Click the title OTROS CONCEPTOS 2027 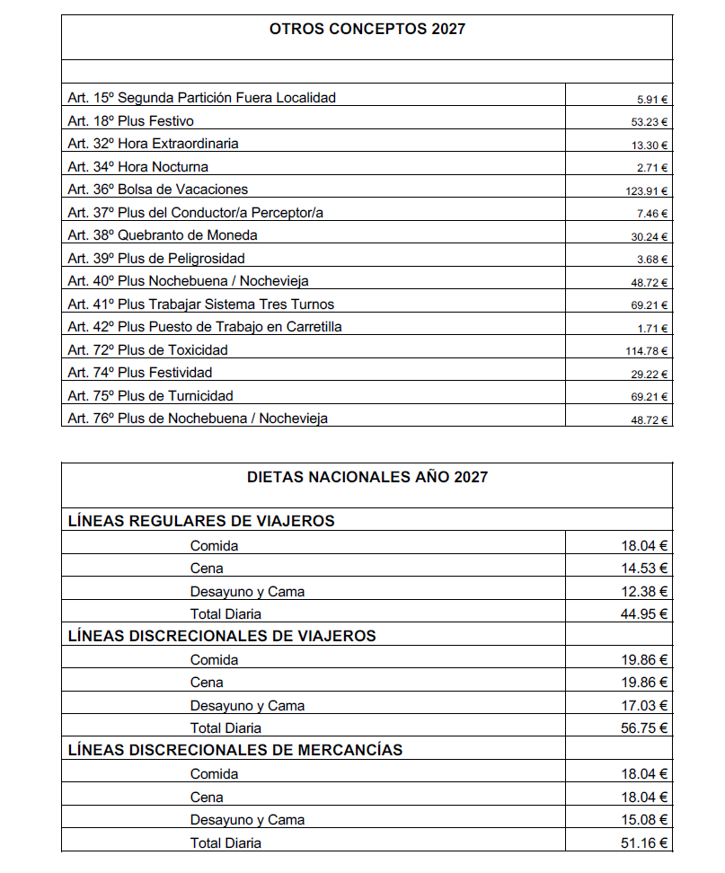click(x=367, y=29)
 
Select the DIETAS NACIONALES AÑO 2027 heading click(x=367, y=477)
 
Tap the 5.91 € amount click(x=652, y=99)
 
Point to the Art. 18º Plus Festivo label click(x=130, y=120)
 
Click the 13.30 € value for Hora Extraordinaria click(x=650, y=145)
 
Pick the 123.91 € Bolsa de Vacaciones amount click(x=647, y=190)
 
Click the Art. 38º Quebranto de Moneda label click(x=162, y=235)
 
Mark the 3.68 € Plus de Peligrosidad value click(x=652, y=260)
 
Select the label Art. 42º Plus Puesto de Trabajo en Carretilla click(x=204, y=327)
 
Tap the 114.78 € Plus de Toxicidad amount click(x=647, y=351)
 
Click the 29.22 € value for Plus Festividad click(x=650, y=374)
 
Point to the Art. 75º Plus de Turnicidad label click(x=150, y=395)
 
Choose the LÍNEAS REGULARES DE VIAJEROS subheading click(x=201, y=520)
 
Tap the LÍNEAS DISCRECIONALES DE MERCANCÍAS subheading click(x=235, y=749)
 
